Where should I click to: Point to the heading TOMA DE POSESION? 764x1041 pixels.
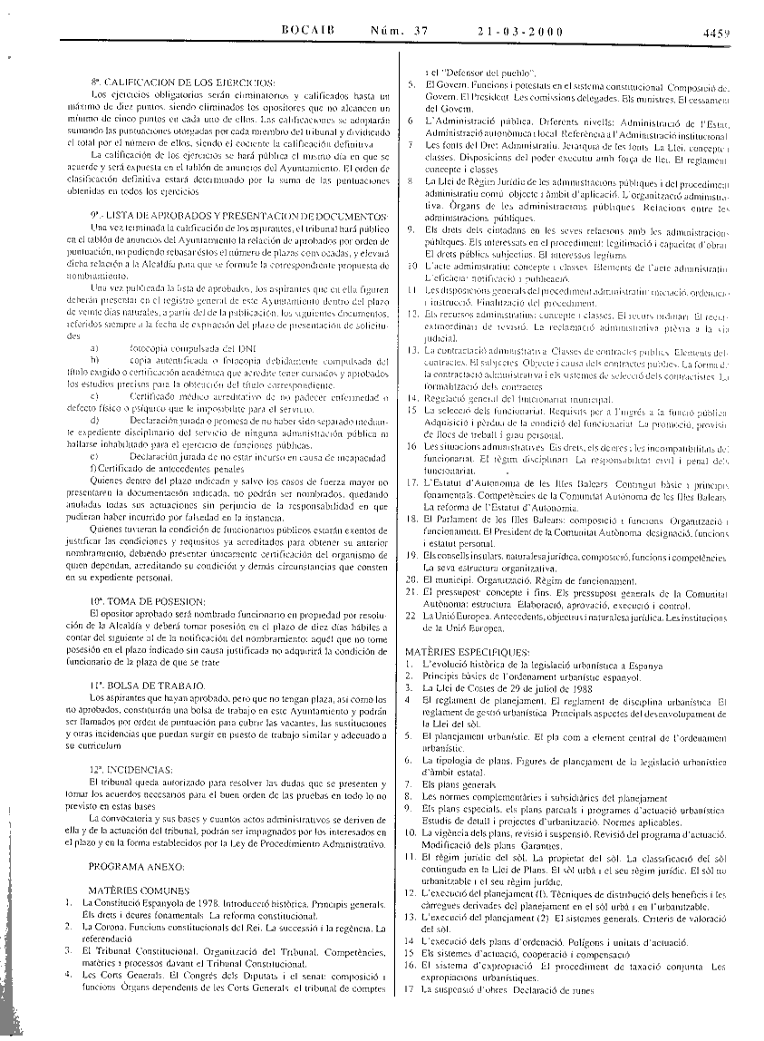[x=147, y=601]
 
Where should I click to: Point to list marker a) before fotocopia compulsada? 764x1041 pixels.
[x=95, y=347]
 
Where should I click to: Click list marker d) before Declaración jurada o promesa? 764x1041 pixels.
[x=95, y=422]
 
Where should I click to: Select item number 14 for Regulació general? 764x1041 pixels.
[x=411, y=398]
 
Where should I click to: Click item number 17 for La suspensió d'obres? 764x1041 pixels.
[x=411, y=990]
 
